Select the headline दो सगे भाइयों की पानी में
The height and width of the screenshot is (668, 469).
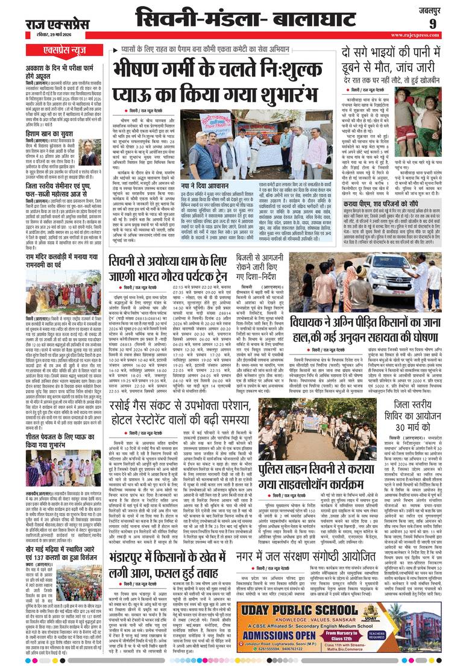tap(396, 52)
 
